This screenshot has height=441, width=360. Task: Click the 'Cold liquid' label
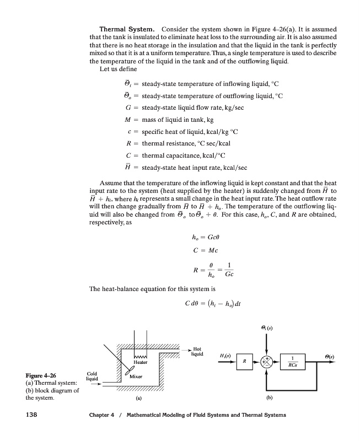(92, 377)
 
